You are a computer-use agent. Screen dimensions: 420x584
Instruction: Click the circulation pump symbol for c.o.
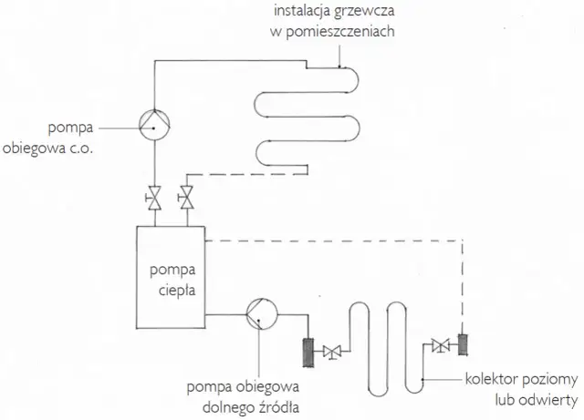point(155,128)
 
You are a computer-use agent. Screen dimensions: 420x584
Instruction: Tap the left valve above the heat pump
point(155,197)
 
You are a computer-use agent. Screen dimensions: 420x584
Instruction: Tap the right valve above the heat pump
point(187,197)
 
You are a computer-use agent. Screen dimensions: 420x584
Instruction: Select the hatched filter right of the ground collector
point(462,344)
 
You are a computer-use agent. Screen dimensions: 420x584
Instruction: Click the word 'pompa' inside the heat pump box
point(173,271)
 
